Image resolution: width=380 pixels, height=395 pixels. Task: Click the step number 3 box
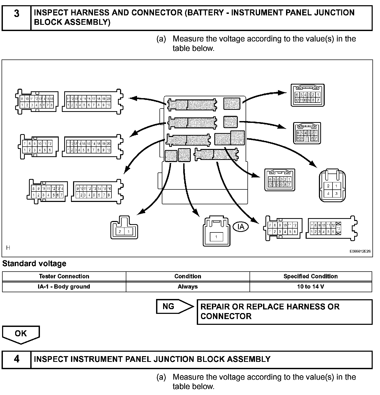16,18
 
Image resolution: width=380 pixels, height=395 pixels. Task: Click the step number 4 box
16,359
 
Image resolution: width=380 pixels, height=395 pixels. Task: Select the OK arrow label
21,334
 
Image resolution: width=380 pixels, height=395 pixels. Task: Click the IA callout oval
241,227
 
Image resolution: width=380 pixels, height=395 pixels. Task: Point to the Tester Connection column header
64,276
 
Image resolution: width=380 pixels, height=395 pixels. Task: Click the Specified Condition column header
311,276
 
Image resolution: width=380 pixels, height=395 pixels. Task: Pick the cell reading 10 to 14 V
311,287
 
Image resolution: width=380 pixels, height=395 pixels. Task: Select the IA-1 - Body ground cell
64,287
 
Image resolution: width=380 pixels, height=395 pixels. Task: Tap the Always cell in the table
188,287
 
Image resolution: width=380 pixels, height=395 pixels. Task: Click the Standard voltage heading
34,264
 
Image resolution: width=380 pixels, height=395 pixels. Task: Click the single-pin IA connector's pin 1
216,237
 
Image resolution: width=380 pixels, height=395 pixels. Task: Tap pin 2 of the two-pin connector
120,231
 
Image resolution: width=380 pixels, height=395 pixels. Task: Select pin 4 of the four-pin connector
328,194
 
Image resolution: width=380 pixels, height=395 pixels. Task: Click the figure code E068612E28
360,251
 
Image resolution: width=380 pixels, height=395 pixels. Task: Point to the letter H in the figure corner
8,248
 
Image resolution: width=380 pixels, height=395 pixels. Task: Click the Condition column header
188,276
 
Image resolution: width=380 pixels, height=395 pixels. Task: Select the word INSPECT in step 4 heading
51,359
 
